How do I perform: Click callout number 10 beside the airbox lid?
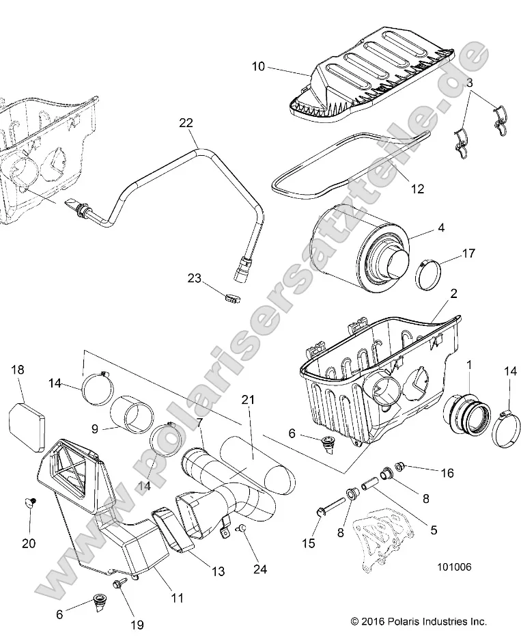pyautogui.click(x=257, y=67)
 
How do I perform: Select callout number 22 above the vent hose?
pyautogui.click(x=186, y=123)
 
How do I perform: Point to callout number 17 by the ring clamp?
pyautogui.click(x=468, y=254)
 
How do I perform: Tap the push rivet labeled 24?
pyautogui.click(x=240, y=528)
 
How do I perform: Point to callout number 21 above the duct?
pyautogui.click(x=247, y=400)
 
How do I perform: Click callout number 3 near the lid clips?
pyautogui.click(x=469, y=83)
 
